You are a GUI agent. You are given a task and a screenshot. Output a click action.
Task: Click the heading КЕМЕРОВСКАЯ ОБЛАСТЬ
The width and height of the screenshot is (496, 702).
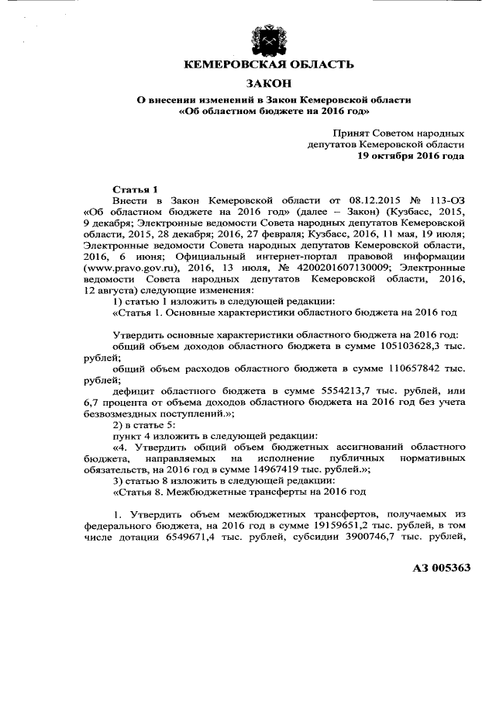click(x=267, y=64)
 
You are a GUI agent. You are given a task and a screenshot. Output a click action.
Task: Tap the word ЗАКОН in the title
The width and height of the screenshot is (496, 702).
click(x=267, y=83)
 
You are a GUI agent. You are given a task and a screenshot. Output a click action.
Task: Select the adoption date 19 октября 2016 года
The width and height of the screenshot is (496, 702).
click(x=411, y=155)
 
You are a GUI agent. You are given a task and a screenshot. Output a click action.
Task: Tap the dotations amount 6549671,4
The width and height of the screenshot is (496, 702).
click(x=168, y=539)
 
